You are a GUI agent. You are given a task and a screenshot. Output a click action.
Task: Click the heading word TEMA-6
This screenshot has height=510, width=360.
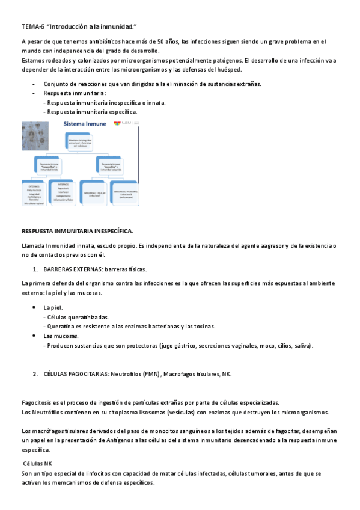[32, 27]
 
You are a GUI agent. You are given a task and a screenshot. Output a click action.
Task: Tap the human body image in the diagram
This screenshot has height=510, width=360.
[35, 139]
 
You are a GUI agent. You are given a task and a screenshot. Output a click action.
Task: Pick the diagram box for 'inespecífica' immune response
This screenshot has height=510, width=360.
[50, 164]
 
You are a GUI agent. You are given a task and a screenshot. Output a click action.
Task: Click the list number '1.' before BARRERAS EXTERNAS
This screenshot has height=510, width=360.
[35, 269]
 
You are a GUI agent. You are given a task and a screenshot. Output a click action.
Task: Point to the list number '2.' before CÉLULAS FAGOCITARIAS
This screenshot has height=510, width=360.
[35, 374]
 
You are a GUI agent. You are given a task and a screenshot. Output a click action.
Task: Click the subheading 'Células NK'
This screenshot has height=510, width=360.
[37, 464]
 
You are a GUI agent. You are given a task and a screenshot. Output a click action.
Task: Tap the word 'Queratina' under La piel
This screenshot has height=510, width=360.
[61, 326]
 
